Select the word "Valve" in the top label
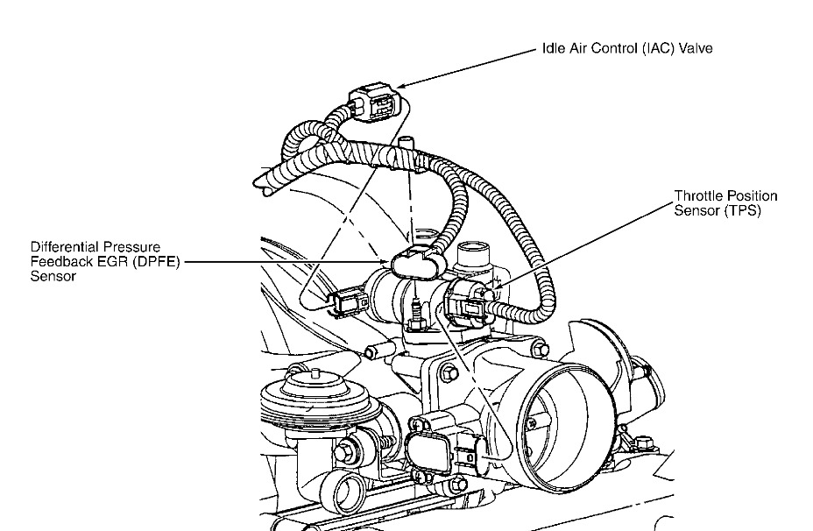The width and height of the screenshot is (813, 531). pyautogui.click(x=692, y=49)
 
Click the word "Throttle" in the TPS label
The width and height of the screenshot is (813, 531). pyautogui.click(x=696, y=195)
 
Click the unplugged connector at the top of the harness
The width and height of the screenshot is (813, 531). pyautogui.click(x=376, y=103)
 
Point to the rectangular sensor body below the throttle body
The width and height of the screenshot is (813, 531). pyautogui.click(x=435, y=452)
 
